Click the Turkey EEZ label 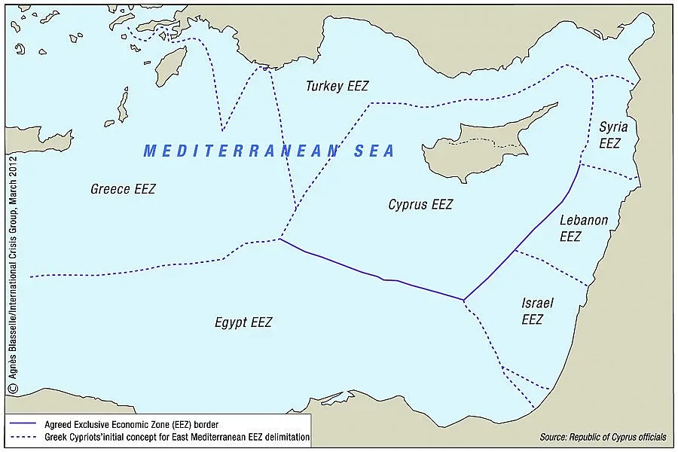click(337, 86)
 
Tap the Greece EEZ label click(123, 189)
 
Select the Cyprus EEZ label click(420, 204)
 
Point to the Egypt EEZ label click(243, 322)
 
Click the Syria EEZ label click(613, 134)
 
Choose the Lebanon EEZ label click(583, 228)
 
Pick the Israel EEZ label click(537, 311)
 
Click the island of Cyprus click(482, 139)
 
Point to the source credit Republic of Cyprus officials click(603, 438)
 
